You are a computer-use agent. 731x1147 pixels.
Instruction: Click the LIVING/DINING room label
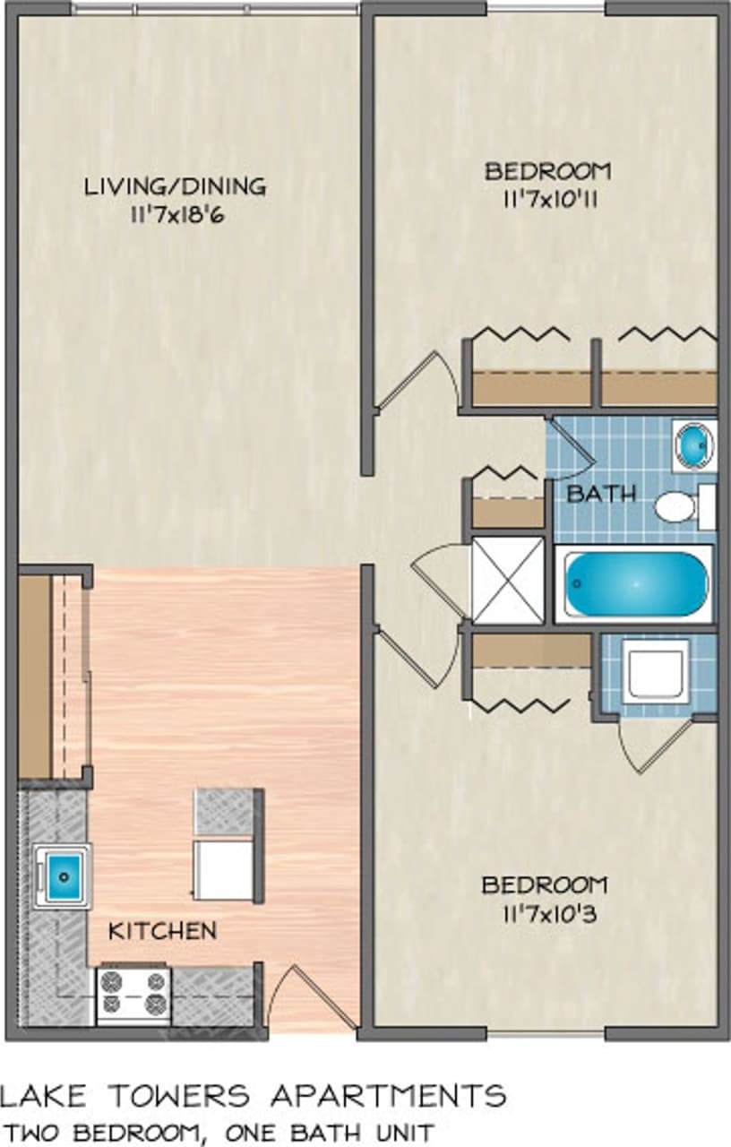point(175,187)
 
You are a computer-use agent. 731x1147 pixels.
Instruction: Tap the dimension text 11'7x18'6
point(175,215)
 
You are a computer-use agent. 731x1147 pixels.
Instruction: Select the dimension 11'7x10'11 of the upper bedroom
point(547,198)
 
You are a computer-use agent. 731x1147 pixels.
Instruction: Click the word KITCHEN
point(162,931)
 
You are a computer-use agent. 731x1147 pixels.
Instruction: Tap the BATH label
point(602,493)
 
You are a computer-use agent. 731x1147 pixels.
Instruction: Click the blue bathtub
point(636,583)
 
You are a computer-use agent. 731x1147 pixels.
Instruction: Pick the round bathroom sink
point(694,444)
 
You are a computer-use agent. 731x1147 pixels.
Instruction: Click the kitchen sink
point(63,875)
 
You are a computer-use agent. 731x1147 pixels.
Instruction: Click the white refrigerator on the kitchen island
point(224,869)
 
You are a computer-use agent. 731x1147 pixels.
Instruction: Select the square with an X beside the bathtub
point(508,579)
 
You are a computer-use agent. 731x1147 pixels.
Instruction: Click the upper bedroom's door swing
point(417,381)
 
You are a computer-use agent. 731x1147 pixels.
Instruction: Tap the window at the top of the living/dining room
point(215,9)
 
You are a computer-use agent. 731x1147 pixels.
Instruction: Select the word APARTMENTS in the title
point(388,1095)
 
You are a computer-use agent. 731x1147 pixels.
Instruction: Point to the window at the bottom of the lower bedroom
point(546,1035)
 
